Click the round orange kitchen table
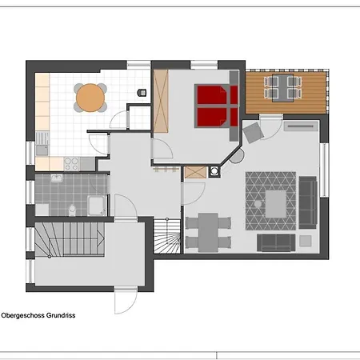[x=90, y=98]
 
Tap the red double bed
[x=217, y=106]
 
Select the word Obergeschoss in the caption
[x=22, y=315]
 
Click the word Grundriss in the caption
[x=61, y=315]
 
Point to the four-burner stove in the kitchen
[x=72, y=164]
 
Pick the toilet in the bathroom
[x=72, y=210]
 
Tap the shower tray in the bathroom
[x=97, y=206]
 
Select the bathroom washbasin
[x=57, y=178]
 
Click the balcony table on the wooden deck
[x=283, y=88]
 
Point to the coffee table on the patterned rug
[x=276, y=204]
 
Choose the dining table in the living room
[x=208, y=232]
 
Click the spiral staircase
[x=167, y=236]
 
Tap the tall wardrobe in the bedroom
[x=161, y=101]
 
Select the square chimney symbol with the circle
[x=214, y=171]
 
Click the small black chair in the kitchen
[x=142, y=93]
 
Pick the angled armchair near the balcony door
[x=254, y=132]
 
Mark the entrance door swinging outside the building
[x=126, y=300]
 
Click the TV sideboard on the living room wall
[x=302, y=126]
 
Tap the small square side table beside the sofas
[x=306, y=241]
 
